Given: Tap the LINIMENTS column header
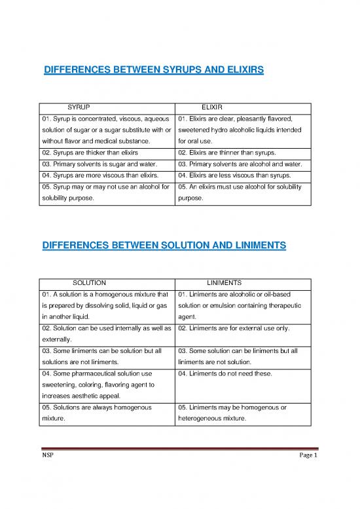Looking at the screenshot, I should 225,282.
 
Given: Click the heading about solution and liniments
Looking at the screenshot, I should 164,246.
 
